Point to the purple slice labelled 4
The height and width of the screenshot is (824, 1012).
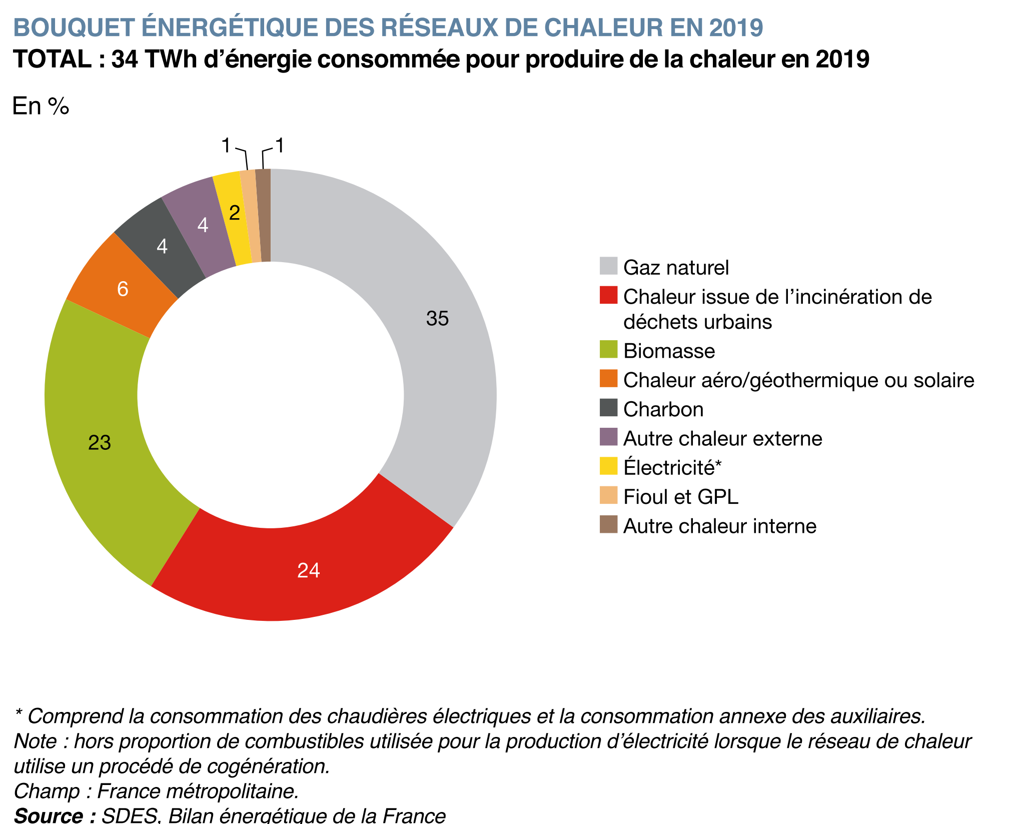click(x=200, y=225)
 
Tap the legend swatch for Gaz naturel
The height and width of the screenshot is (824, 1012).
click(x=608, y=266)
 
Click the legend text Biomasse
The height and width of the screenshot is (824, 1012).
click(x=669, y=351)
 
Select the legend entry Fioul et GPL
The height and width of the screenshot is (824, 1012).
click(x=680, y=497)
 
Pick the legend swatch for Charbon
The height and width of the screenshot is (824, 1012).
click(x=608, y=408)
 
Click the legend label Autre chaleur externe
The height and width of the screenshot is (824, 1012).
click(x=722, y=439)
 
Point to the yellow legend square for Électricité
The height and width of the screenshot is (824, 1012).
click(x=608, y=466)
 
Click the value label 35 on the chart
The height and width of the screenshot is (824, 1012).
click(x=437, y=319)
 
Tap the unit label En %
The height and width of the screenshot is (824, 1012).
click(x=41, y=106)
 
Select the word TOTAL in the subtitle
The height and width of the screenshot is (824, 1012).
click(x=52, y=59)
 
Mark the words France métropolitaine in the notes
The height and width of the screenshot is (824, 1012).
click(x=198, y=791)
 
